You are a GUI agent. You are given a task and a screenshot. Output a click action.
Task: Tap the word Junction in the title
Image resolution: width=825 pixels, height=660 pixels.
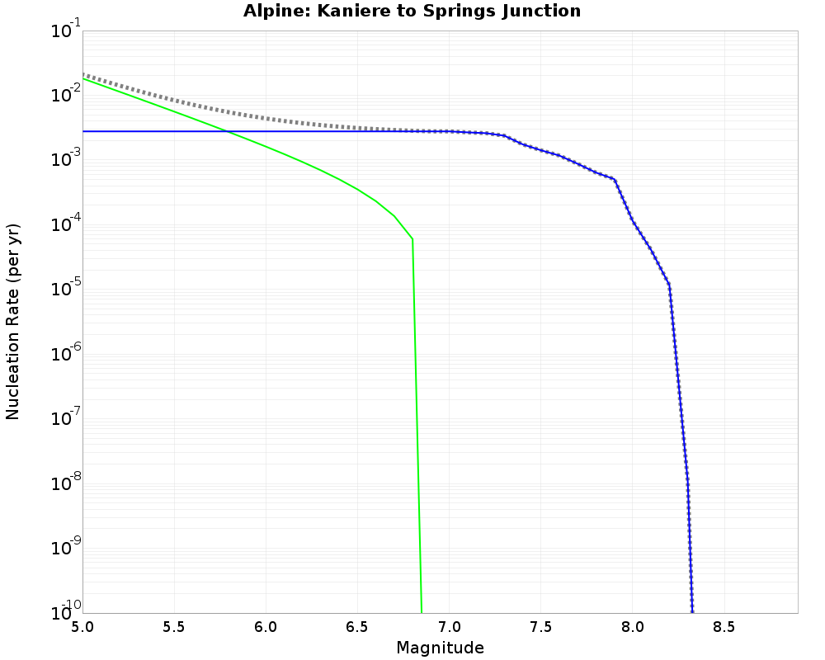[x=541, y=12]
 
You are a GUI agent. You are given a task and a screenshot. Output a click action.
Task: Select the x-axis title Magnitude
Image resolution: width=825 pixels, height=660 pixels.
[x=440, y=648]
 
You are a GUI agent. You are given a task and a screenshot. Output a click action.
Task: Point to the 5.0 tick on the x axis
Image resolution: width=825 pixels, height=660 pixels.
[x=82, y=627]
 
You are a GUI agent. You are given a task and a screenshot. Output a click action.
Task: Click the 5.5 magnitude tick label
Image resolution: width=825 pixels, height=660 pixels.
[x=174, y=627]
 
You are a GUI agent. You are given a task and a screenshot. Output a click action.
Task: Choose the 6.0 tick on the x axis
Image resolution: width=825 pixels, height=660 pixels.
[x=266, y=627]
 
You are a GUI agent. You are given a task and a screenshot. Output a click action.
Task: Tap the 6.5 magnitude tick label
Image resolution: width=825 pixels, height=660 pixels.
[x=357, y=627]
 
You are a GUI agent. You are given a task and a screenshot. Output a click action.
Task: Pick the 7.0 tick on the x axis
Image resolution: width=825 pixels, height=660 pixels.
[x=449, y=627]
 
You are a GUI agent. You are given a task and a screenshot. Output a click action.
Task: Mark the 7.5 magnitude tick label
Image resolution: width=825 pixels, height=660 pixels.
[x=540, y=627]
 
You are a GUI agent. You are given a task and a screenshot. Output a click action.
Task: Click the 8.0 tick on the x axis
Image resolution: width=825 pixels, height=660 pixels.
[x=633, y=627]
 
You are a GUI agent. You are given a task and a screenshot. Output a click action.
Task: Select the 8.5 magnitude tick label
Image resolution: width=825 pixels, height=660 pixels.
[x=724, y=627]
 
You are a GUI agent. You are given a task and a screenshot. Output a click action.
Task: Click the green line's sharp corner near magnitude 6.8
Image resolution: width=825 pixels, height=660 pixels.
[x=412, y=239]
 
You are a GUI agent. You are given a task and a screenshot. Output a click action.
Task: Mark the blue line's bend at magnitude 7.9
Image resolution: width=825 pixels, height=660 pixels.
[x=615, y=179]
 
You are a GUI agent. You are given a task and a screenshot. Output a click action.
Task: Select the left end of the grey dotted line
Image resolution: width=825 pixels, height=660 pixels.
[x=84, y=74]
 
